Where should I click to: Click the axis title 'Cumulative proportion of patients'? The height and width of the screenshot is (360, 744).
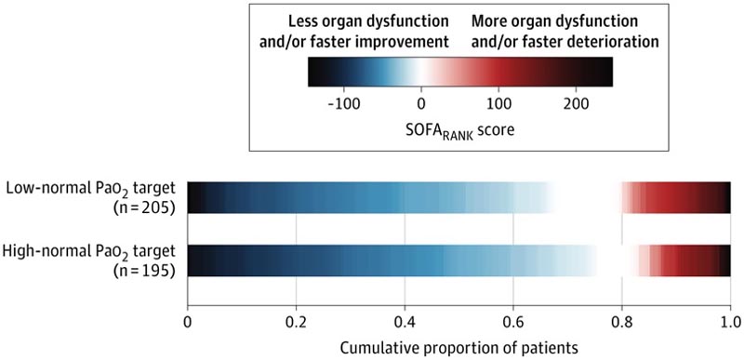click(x=458, y=346)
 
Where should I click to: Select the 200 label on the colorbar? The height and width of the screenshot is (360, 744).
click(x=577, y=102)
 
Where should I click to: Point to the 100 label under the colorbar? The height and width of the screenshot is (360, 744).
click(x=498, y=102)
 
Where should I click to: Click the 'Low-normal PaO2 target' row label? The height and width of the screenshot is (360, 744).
click(x=93, y=190)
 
